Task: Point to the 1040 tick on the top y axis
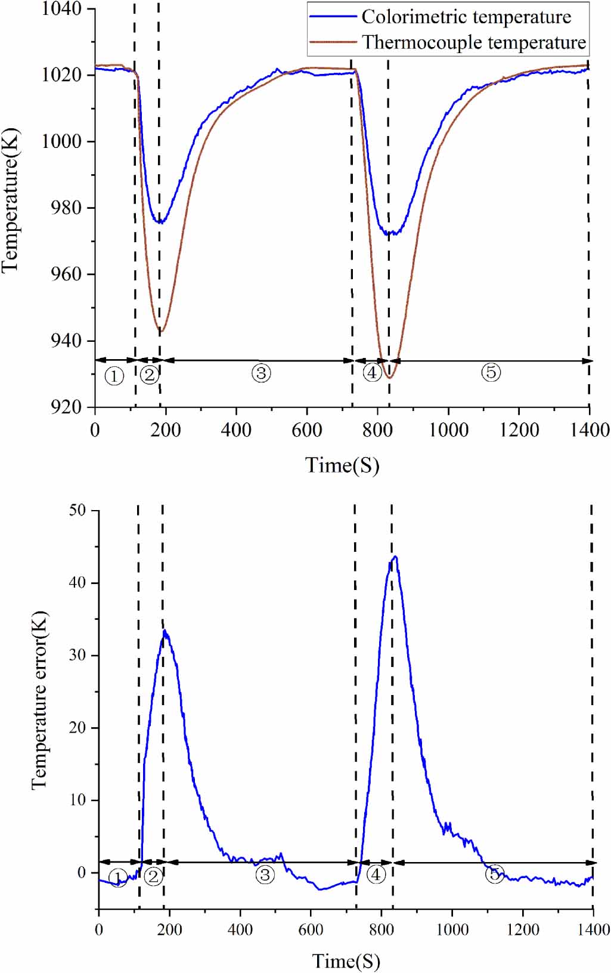(61, 9)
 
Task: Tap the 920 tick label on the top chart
(66, 407)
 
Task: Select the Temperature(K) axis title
(10, 200)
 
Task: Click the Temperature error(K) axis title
(39, 700)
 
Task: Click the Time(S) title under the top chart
(342, 465)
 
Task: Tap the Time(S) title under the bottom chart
(346, 960)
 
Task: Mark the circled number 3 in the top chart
(261, 373)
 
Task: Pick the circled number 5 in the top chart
(491, 372)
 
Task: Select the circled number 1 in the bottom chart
(118, 878)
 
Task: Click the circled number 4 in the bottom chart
(376, 875)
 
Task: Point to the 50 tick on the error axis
(77, 511)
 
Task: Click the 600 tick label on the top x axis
(307, 430)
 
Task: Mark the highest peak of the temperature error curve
(395, 557)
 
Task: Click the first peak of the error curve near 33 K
(165, 631)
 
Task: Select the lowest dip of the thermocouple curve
(389, 378)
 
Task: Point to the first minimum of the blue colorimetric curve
(160, 222)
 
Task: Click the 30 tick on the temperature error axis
(77, 655)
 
